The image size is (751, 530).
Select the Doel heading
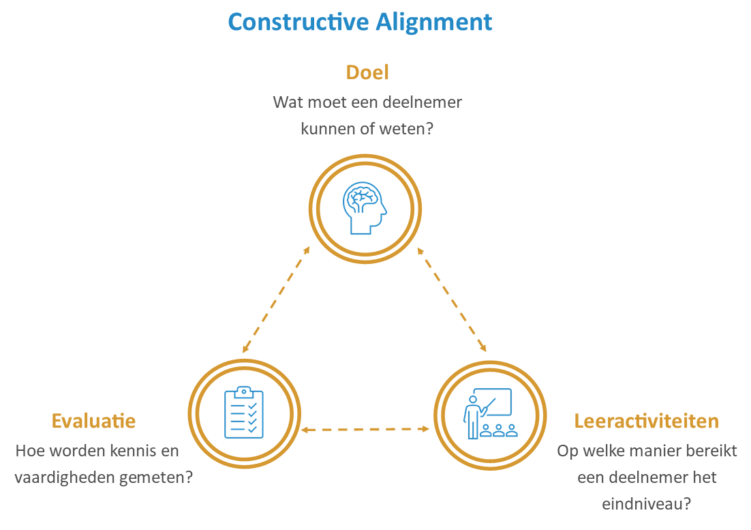click(367, 72)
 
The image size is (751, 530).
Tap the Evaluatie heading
click(93, 421)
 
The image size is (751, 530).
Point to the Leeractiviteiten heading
click(646, 421)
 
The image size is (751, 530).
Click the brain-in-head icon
click(365, 207)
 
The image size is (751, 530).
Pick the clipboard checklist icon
click(243, 412)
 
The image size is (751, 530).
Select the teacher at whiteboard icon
click(489, 413)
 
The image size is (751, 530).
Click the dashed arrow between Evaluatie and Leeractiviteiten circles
click(366, 429)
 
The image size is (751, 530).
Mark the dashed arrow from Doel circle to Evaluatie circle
click(276, 300)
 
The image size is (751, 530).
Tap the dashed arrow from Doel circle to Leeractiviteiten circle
click(453, 300)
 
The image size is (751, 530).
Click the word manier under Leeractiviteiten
click(645, 451)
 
